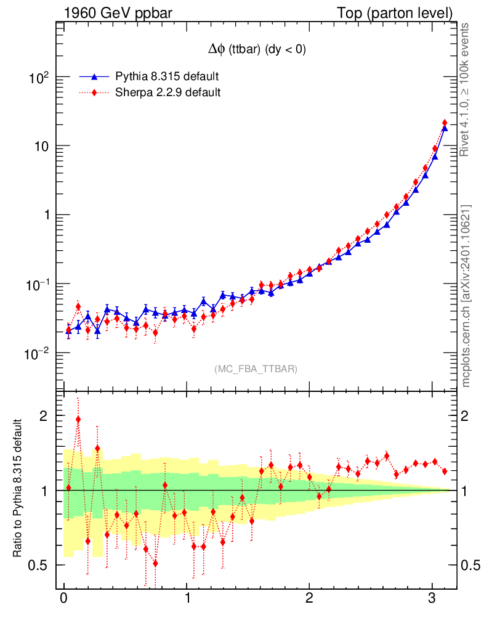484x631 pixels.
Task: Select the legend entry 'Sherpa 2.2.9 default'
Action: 168,93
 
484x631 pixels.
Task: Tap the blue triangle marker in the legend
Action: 94,76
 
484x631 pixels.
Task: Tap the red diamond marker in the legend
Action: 94,93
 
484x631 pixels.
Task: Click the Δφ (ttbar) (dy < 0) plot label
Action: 257,51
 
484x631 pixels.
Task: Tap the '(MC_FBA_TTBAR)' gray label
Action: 256,369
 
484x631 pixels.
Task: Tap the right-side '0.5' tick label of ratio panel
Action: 469,566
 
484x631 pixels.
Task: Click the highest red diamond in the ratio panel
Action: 78,419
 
